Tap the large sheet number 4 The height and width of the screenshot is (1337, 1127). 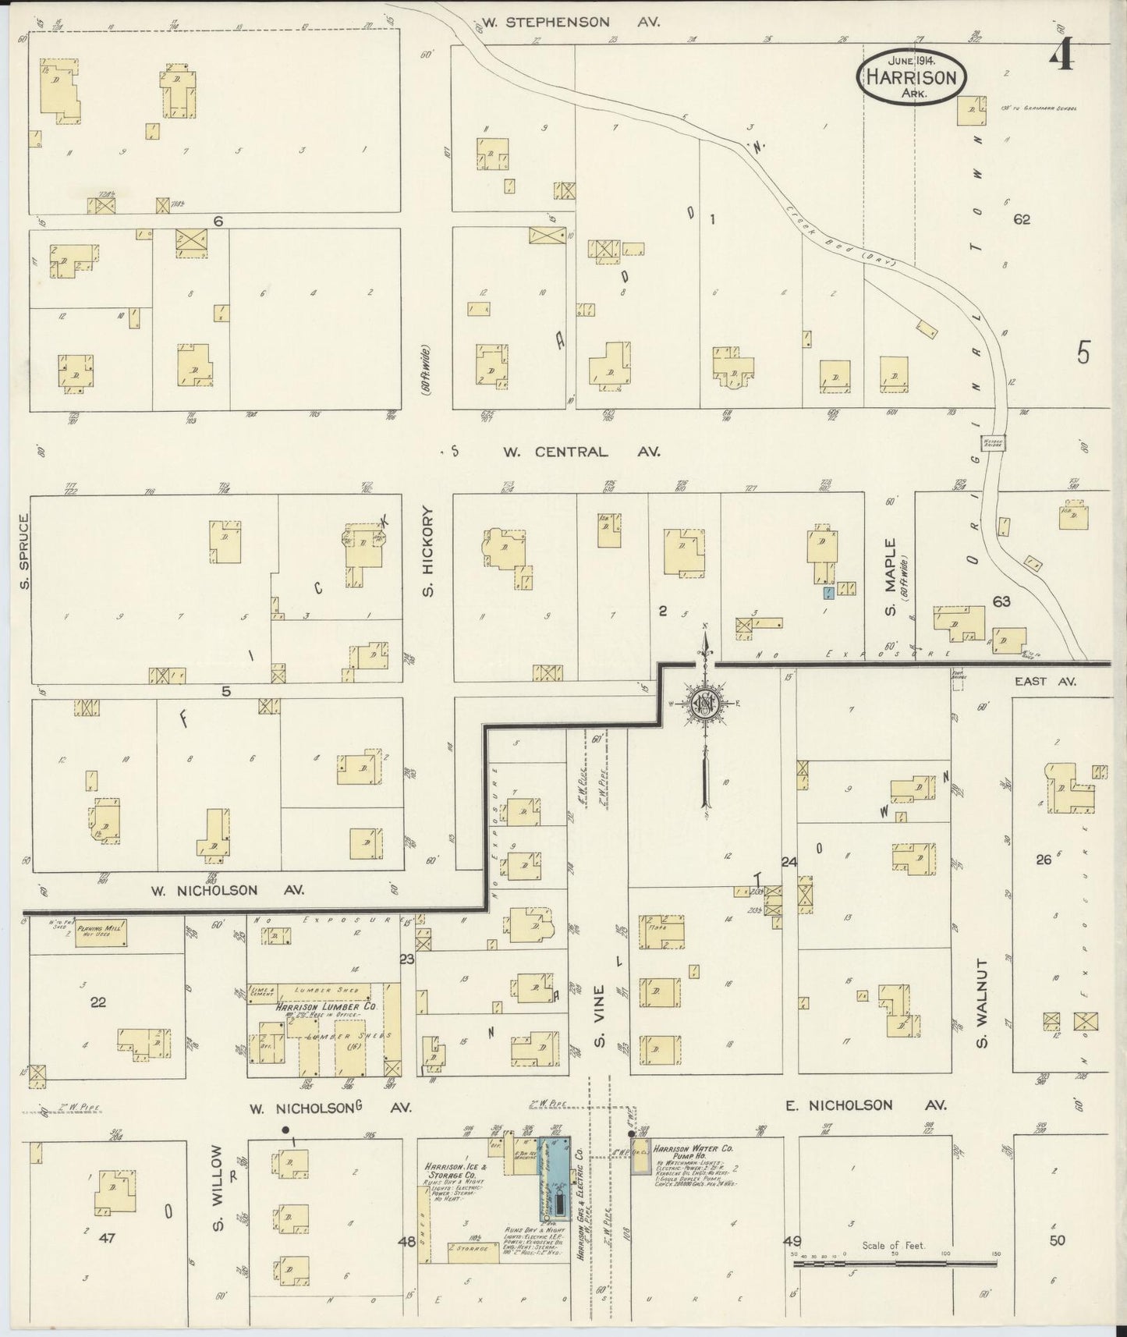click(1062, 57)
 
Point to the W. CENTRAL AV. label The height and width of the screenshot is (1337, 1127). click(581, 452)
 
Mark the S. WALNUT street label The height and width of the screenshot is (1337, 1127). click(983, 1003)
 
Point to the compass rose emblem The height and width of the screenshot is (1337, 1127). click(705, 704)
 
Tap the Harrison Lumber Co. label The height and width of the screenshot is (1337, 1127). click(326, 1007)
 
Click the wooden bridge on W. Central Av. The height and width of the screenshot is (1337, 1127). click(993, 442)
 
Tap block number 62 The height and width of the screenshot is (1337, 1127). click(1021, 220)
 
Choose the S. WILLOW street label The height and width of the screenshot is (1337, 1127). click(218, 1190)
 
